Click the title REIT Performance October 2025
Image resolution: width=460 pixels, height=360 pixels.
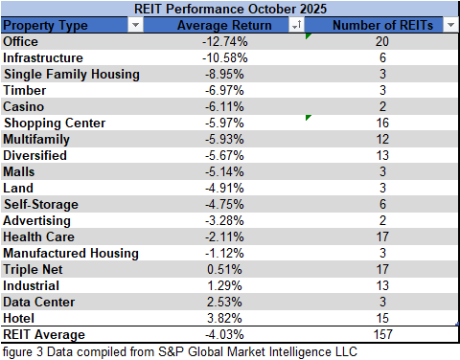point(230,9)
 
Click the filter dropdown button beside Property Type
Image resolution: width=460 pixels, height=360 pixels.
point(133,26)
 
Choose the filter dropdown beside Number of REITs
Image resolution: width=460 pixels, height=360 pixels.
point(449,26)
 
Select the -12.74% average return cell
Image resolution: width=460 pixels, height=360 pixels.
point(225,41)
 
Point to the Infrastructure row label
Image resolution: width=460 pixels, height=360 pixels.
point(43,57)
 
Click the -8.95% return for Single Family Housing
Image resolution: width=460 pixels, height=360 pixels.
point(228,74)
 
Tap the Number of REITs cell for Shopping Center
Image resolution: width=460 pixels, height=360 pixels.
point(381,123)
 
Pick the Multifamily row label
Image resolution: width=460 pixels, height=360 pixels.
point(36,139)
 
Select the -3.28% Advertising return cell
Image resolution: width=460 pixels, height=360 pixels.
point(228,220)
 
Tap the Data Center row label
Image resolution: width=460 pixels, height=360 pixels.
point(38,302)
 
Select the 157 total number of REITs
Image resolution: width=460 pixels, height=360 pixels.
point(381,334)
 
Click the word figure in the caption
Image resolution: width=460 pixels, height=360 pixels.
point(18,350)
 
